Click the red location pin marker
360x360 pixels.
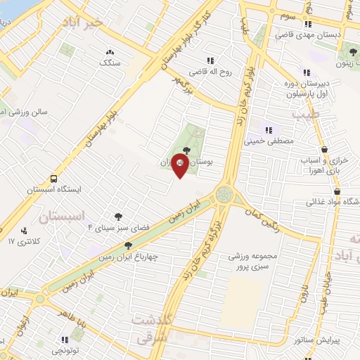[181, 167]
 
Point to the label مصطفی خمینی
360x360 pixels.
[266, 141]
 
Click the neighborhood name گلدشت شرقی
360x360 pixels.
[151, 329]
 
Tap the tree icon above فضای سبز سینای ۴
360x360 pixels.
[117, 217]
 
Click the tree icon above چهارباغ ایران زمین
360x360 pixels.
[127, 245]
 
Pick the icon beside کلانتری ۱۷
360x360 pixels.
[25, 230]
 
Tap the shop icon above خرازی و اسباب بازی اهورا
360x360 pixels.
[323, 148]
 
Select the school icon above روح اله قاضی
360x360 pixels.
[210, 60]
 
